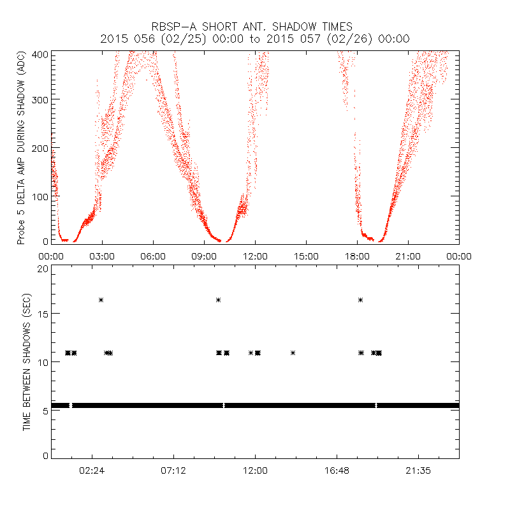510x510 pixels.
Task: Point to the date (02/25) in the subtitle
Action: tap(182, 39)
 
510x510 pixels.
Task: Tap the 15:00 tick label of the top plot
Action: tap(306, 256)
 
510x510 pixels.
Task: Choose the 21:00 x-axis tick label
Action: tap(408, 256)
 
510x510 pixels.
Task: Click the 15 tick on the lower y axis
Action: tap(42, 314)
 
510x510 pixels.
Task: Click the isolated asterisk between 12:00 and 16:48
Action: tap(293, 353)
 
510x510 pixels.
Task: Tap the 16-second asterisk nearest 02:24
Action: tap(101, 300)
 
